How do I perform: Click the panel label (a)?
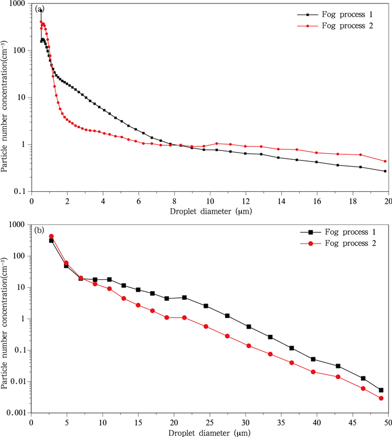point(39,10)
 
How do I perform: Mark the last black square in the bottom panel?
point(381,390)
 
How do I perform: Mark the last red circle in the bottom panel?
point(381,398)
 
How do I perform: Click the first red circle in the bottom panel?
point(51,236)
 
